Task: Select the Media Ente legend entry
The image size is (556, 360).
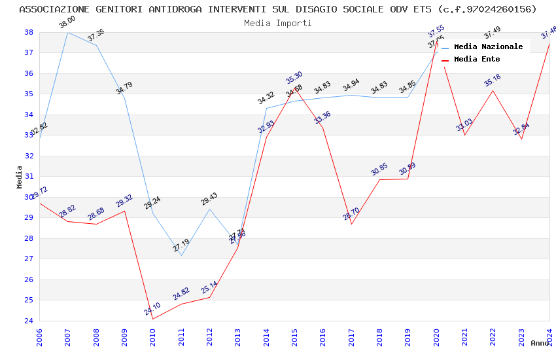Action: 477,60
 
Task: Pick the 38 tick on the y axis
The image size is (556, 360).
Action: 29,32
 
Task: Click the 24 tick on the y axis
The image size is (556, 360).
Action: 29,321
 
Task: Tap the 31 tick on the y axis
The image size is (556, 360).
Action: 29,177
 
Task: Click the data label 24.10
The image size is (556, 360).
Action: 152,308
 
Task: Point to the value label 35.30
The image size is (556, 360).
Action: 294,78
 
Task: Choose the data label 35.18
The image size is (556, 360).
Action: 493,81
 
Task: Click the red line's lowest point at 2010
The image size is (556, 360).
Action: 152,319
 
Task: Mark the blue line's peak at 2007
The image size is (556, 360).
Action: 67,32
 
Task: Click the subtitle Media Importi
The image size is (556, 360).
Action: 278,23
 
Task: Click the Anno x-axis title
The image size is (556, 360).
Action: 540,343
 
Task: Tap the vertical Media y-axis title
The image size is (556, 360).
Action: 20,177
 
